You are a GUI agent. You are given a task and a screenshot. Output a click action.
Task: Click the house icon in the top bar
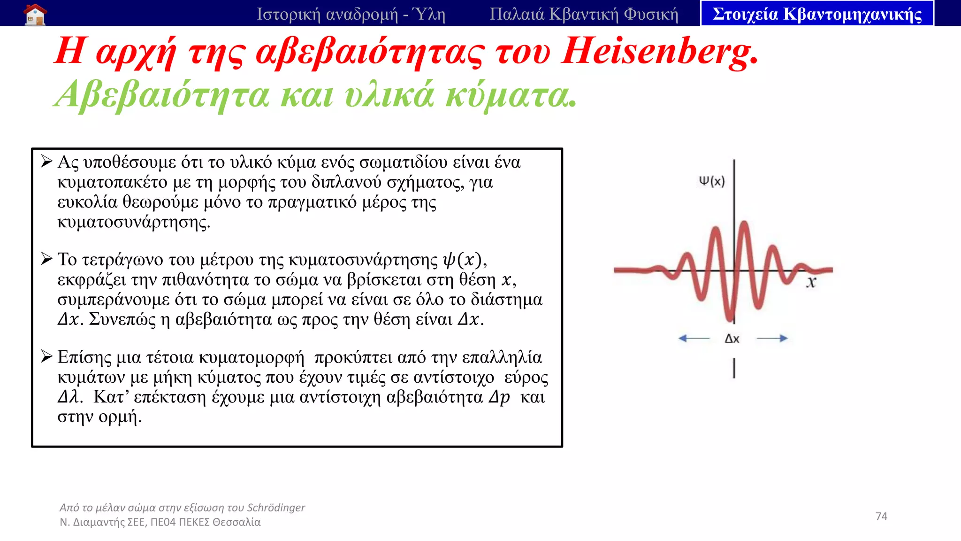pyautogui.click(x=35, y=14)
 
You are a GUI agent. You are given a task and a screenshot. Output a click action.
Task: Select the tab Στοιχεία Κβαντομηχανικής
pyautogui.click(x=817, y=14)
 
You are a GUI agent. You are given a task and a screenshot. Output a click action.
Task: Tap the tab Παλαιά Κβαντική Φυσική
pyautogui.click(x=584, y=14)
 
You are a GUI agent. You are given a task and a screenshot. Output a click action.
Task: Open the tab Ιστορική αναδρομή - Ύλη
pyautogui.click(x=351, y=14)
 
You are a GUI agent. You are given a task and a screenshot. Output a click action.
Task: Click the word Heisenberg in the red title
pyautogui.click(x=659, y=52)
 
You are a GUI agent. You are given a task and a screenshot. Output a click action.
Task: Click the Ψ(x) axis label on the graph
pyautogui.click(x=711, y=181)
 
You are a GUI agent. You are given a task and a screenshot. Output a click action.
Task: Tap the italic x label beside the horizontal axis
pyautogui.click(x=811, y=282)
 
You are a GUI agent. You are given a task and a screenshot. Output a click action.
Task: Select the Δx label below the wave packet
pyautogui.click(x=732, y=339)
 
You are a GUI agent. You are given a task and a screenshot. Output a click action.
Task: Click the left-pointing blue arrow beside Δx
pyautogui.click(x=694, y=338)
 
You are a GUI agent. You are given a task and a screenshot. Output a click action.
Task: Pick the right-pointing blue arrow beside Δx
pyautogui.click(x=772, y=338)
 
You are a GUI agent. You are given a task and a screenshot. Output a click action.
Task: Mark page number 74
pyautogui.click(x=881, y=516)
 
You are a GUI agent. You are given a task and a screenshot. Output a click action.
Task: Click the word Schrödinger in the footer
pyautogui.click(x=276, y=508)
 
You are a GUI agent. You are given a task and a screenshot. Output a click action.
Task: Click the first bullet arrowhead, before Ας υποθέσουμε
pyautogui.click(x=46, y=162)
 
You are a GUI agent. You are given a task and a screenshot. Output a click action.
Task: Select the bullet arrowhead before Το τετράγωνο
pyautogui.click(x=46, y=259)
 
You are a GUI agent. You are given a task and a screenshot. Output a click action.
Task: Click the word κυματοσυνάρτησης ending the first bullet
pyautogui.click(x=133, y=222)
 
